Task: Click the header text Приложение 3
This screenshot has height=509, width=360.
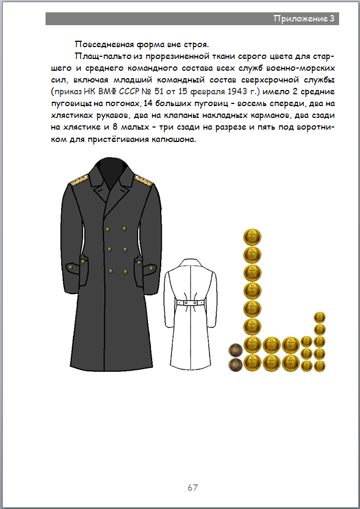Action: [x=304, y=19]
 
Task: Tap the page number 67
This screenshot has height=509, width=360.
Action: [x=193, y=488]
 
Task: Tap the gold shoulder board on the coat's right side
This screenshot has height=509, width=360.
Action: [x=144, y=181]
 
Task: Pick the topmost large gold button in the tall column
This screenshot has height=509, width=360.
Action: [x=252, y=236]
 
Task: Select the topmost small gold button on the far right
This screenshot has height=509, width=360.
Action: [x=320, y=317]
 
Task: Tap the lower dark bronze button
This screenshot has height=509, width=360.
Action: [x=235, y=365]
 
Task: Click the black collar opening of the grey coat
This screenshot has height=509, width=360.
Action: [x=111, y=170]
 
